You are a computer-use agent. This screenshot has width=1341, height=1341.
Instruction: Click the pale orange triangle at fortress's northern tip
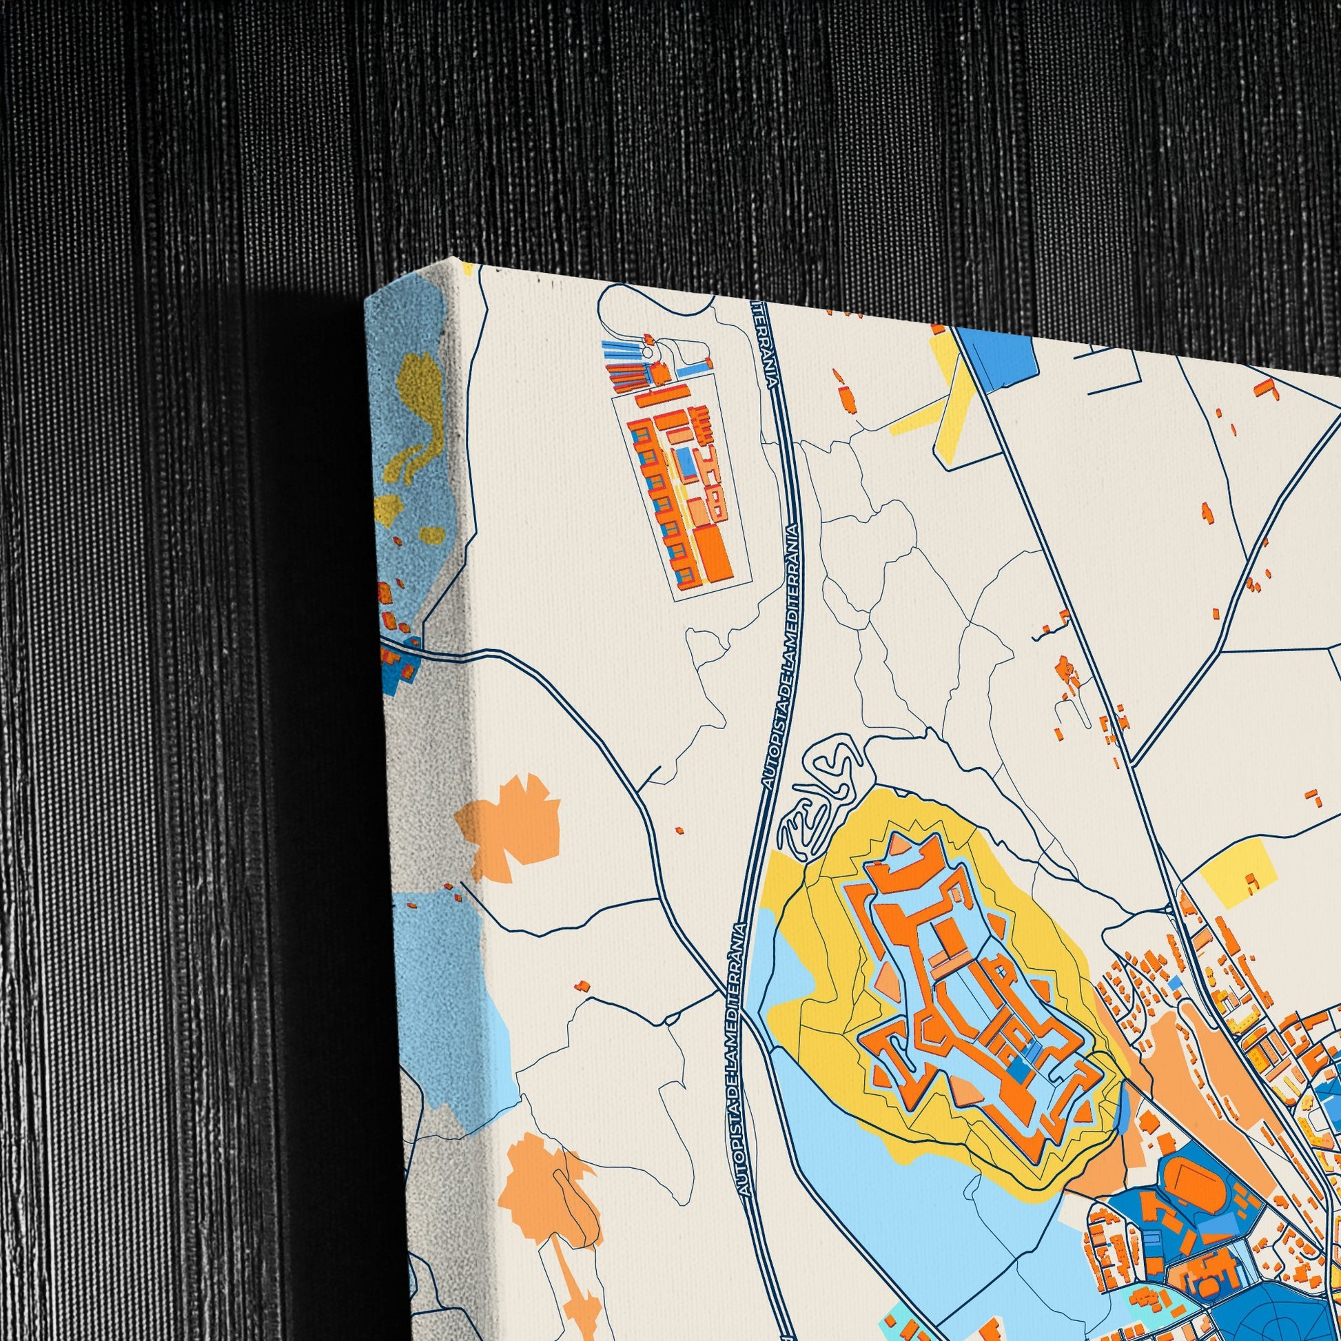pos(898,844)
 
